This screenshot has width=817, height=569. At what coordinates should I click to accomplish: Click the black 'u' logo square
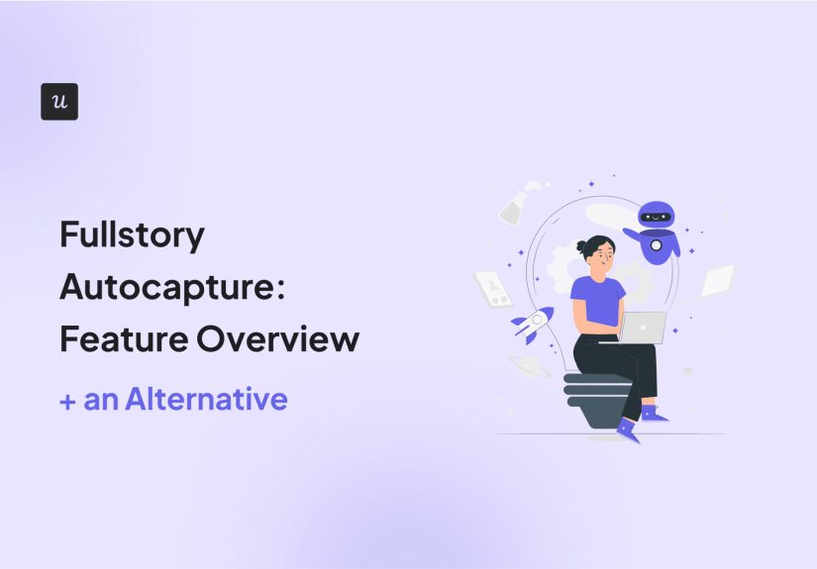pyautogui.click(x=59, y=102)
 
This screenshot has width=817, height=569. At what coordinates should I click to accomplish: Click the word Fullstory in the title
pyautogui.click(x=132, y=237)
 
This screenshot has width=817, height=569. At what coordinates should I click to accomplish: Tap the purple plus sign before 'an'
pyautogui.click(x=67, y=400)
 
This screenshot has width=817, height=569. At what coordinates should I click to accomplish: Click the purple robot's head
pyautogui.click(x=657, y=217)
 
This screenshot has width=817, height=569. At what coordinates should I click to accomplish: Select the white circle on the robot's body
pyautogui.click(x=656, y=244)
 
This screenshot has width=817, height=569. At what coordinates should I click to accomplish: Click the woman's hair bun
pyautogui.click(x=581, y=246)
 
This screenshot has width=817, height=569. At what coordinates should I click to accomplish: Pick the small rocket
pyautogui.click(x=533, y=323)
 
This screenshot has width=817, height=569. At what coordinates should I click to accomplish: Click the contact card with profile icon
pyautogui.click(x=493, y=287)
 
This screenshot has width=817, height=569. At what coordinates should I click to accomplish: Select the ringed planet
pyautogui.click(x=529, y=366)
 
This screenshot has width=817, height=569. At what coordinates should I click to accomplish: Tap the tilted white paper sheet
pyautogui.click(x=717, y=281)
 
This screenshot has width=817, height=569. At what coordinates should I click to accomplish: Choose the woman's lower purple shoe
pyautogui.click(x=626, y=427)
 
